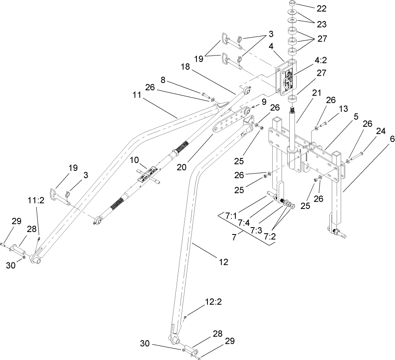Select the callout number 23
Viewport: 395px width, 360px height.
click(x=321, y=24)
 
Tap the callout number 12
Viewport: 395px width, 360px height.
click(x=223, y=262)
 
